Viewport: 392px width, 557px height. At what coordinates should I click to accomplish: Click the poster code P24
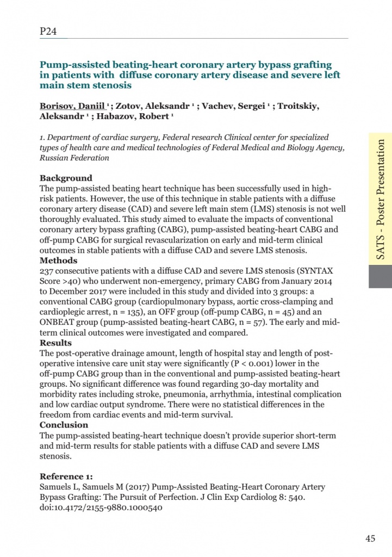tap(48, 32)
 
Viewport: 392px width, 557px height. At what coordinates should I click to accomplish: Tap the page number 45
tap(370, 539)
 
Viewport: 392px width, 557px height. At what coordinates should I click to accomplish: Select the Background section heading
tap(66, 178)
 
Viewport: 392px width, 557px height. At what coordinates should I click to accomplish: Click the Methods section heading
tap(58, 261)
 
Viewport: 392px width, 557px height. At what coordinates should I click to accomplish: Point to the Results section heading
tap(55, 343)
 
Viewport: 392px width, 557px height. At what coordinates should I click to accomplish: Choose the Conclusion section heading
tap(64, 425)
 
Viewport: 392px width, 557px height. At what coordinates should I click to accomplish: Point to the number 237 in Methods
tap(47, 271)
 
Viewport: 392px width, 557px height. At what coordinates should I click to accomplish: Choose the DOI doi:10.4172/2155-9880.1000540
tap(101, 508)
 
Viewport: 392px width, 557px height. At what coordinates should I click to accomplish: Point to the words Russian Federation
tap(74, 158)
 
